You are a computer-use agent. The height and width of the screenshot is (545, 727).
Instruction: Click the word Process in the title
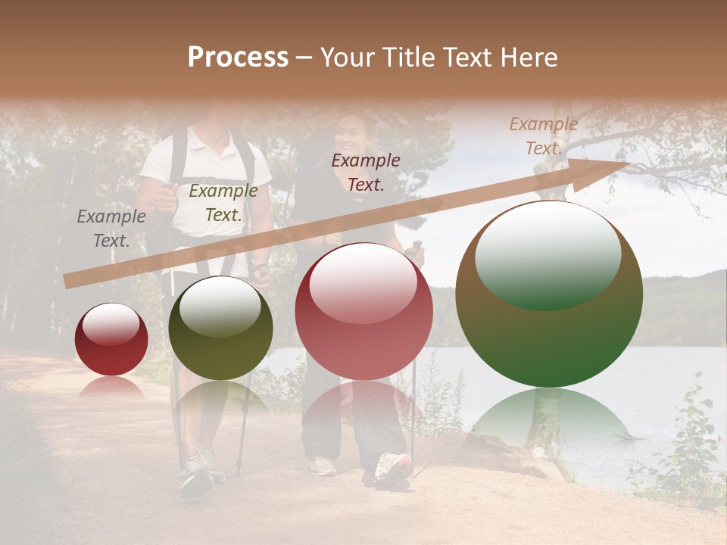[238, 58]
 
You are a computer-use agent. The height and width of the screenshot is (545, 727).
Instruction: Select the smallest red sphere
[111, 340]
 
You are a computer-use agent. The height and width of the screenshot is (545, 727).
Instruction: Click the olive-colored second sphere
[220, 329]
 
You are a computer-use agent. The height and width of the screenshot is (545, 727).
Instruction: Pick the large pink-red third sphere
[363, 311]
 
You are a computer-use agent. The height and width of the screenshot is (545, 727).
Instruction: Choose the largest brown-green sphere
[549, 294]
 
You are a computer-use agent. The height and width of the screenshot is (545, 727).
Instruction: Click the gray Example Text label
[111, 229]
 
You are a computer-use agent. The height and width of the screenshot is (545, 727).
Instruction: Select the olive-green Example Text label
[223, 203]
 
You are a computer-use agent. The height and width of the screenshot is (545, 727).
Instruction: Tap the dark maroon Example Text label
[366, 173]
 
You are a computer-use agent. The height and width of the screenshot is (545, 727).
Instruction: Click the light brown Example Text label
[543, 136]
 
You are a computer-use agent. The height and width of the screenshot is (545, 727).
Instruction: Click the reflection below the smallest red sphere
[111, 388]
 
